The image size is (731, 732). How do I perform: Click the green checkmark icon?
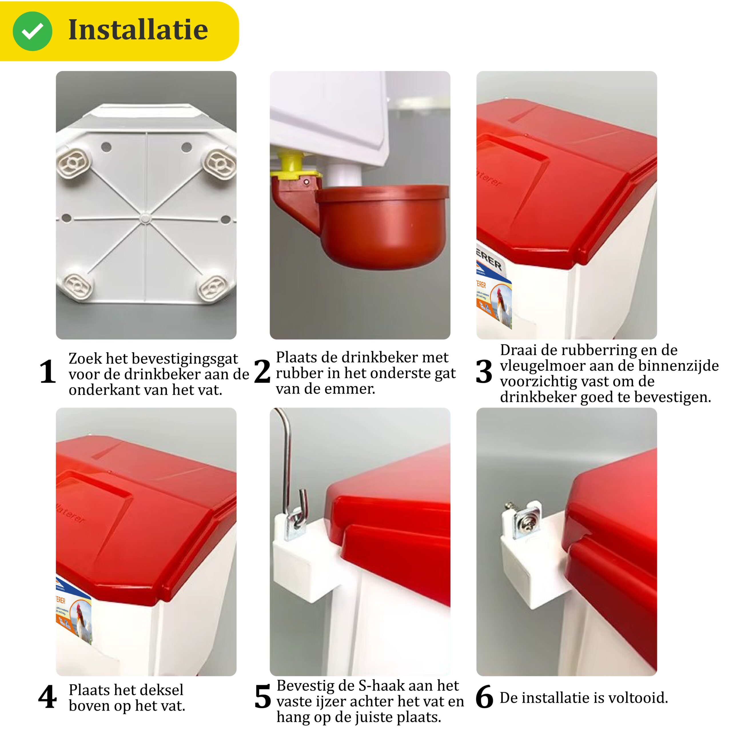click(x=32, y=31)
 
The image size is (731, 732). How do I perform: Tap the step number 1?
click(x=48, y=372)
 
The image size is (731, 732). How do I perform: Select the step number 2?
click(x=262, y=371)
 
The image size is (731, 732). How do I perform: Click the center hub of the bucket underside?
click(x=144, y=218)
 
